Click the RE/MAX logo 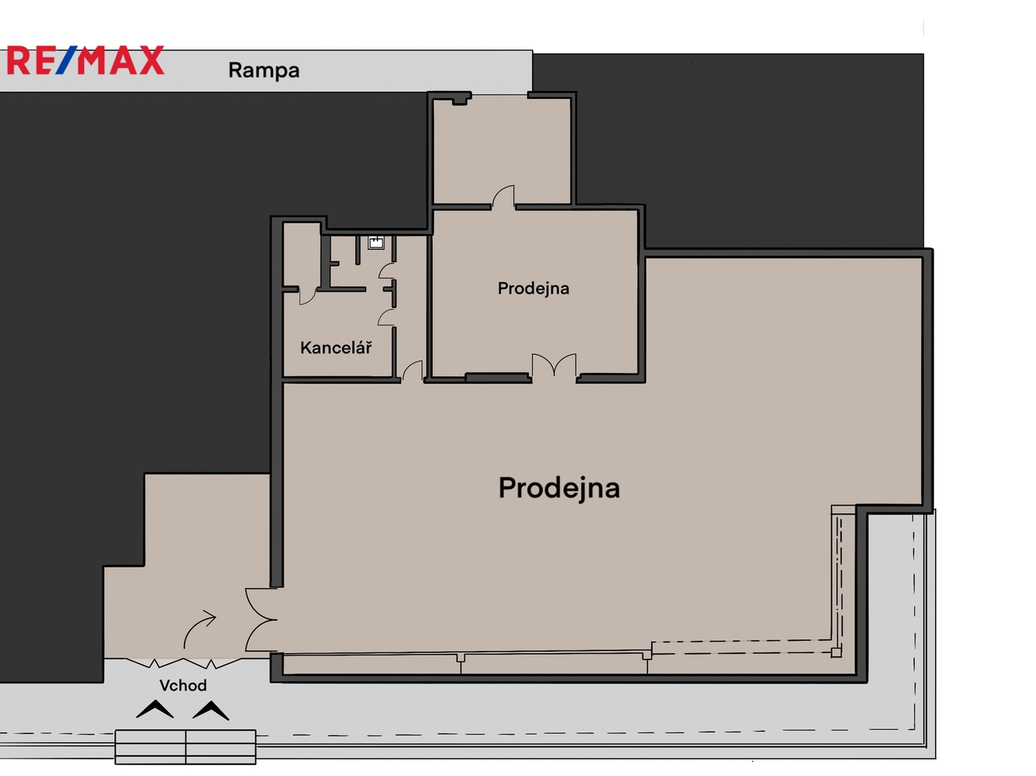click(86, 60)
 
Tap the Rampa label click(264, 70)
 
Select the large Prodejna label click(559, 489)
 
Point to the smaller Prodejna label click(533, 288)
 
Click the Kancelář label click(336, 348)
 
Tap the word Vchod click(183, 685)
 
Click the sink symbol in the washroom click(376, 243)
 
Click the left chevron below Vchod click(155, 709)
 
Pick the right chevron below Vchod click(211, 711)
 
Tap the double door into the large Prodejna click(260, 619)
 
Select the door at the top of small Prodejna click(503, 196)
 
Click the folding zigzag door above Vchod click(183, 662)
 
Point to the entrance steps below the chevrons click(185, 747)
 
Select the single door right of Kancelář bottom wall click(412, 370)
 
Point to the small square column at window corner click(836, 652)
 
